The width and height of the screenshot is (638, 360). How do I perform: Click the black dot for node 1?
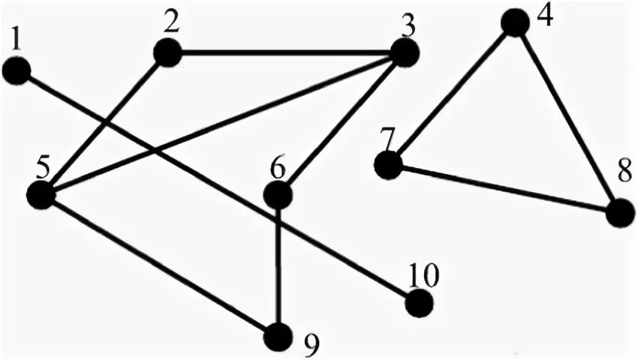pyautogui.click(x=17, y=72)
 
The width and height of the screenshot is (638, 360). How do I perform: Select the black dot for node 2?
pyautogui.click(x=167, y=52)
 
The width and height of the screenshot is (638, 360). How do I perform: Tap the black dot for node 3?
pyautogui.click(x=404, y=52)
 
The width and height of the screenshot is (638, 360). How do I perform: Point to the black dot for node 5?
pyautogui.click(x=41, y=194)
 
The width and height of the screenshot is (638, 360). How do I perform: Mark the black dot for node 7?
pyautogui.click(x=388, y=165)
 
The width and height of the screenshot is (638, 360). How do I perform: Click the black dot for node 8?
pyautogui.click(x=620, y=213)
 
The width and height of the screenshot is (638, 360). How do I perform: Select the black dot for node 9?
pyautogui.click(x=278, y=334)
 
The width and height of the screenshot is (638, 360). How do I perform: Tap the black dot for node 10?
pyautogui.click(x=419, y=304)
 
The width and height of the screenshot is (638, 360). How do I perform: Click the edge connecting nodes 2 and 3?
pyautogui.click(x=285, y=52)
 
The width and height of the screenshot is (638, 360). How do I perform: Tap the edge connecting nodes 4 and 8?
pyautogui.click(x=567, y=118)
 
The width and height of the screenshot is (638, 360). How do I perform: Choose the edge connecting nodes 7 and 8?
pyautogui.click(x=504, y=189)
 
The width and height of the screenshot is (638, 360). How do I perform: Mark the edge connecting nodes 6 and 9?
pyautogui.click(x=278, y=265)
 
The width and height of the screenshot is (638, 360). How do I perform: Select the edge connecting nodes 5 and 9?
pyautogui.click(x=160, y=264)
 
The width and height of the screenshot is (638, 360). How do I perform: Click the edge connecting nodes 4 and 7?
pyautogui.click(x=451, y=94)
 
